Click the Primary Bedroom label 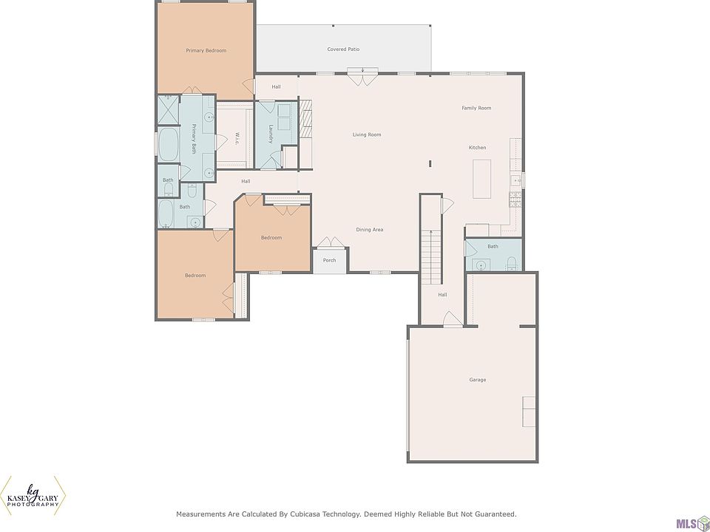pos(206,51)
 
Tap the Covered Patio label pos(343,50)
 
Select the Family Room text pos(476,108)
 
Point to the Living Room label pos(367,134)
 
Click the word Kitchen pos(477,148)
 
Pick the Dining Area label pos(370,230)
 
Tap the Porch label pos(330,261)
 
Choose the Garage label pos(478,380)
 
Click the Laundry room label pos(271,134)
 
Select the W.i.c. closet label pos(237,138)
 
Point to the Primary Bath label pos(193,139)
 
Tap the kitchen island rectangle pos(481,179)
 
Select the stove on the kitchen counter pos(515,199)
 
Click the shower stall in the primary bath pos(168,109)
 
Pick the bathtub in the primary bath pos(168,145)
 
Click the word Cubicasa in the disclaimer pos(300,514)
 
